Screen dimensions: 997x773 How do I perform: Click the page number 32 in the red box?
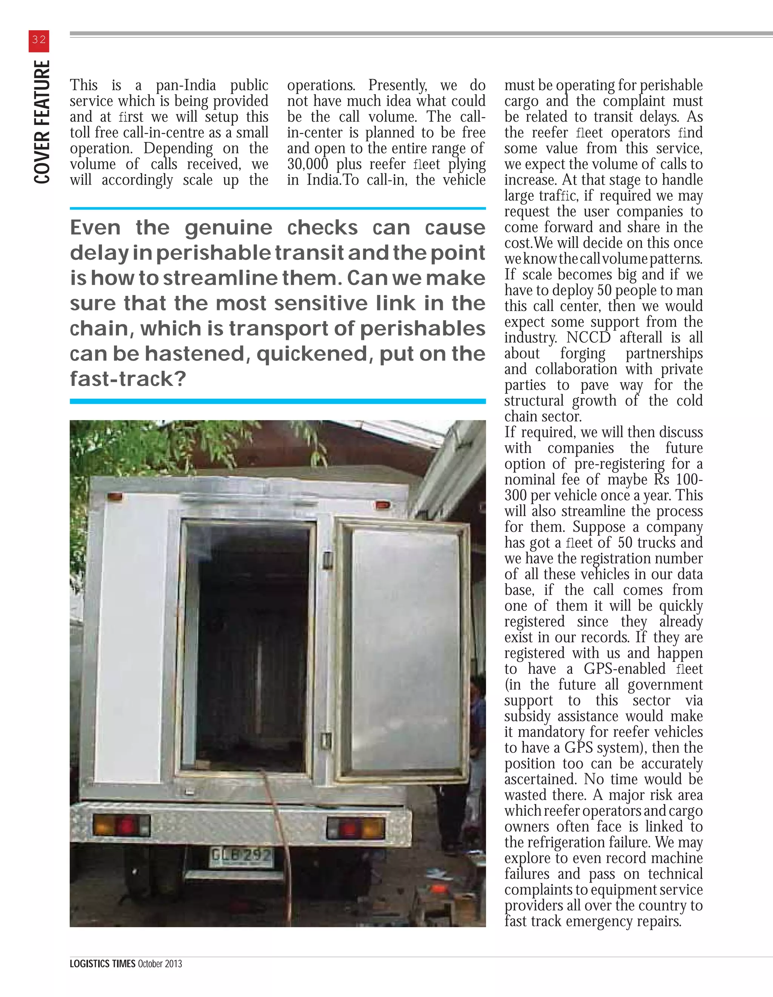tap(39, 40)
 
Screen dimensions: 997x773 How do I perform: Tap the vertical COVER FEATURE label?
tap(42, 122)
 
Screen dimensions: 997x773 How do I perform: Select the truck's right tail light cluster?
tap(356, 828)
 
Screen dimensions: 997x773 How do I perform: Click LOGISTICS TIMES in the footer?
tap(103, 964)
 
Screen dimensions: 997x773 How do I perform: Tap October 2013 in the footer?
tap(160, 964)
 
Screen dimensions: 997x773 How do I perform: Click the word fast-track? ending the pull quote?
tap(128, 378)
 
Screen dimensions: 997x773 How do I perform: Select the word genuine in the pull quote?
tap(228, 227)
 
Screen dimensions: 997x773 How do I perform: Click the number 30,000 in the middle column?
tap(308, 164)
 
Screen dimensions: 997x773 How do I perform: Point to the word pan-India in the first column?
tap(186, 85)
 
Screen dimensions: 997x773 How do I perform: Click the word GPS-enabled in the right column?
tap(624, 668)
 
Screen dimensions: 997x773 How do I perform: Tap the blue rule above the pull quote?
tap(277, 208)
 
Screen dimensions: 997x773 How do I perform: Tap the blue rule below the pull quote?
tap(277, 401)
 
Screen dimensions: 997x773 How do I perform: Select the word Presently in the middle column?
tap(397, 85)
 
